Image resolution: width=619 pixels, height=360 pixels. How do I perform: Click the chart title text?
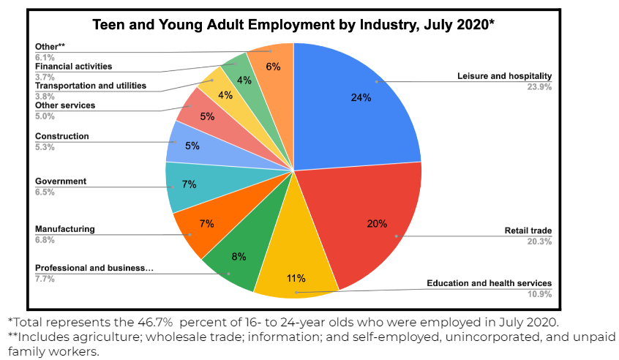coord(293,25)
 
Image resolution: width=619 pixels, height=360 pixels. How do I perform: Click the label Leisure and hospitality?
coord(504,76)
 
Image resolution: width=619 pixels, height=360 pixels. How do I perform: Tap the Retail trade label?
coord(528,231)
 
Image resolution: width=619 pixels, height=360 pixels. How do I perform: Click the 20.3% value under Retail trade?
coord(539,242)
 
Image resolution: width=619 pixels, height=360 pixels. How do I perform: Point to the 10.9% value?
coord(539,294)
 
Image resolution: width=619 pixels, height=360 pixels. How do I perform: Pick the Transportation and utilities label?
coord(91,86)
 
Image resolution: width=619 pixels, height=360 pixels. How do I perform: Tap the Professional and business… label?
coord(94,268)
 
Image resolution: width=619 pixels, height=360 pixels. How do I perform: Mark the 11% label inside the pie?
coord(296,278)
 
